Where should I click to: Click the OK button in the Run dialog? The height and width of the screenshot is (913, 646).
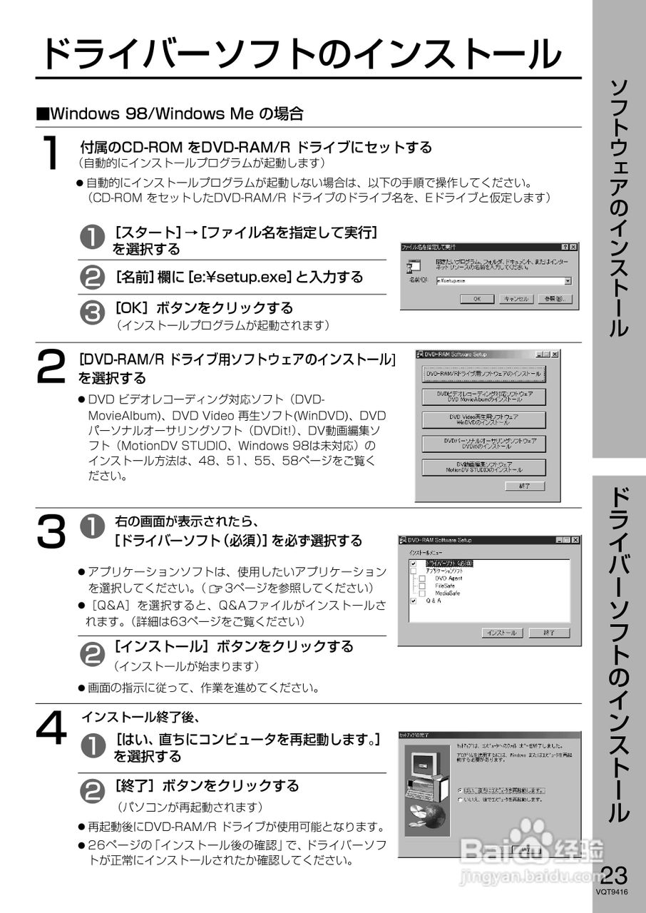(477, 299)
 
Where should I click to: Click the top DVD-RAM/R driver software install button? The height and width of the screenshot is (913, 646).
(483, 374)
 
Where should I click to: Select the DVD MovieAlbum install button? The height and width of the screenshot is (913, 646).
(483, 397)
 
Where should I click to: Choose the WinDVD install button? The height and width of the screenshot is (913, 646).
(483, 419)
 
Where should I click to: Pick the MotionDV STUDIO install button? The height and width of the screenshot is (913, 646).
(483, 467)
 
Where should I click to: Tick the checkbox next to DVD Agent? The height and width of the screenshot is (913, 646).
(422, 578)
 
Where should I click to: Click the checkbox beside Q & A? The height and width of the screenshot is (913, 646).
(413, 601)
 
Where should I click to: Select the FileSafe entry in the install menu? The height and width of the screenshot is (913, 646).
(445, 586)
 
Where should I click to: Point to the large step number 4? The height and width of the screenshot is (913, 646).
(51, 731)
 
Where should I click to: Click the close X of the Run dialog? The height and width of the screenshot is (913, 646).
(573, 247)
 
